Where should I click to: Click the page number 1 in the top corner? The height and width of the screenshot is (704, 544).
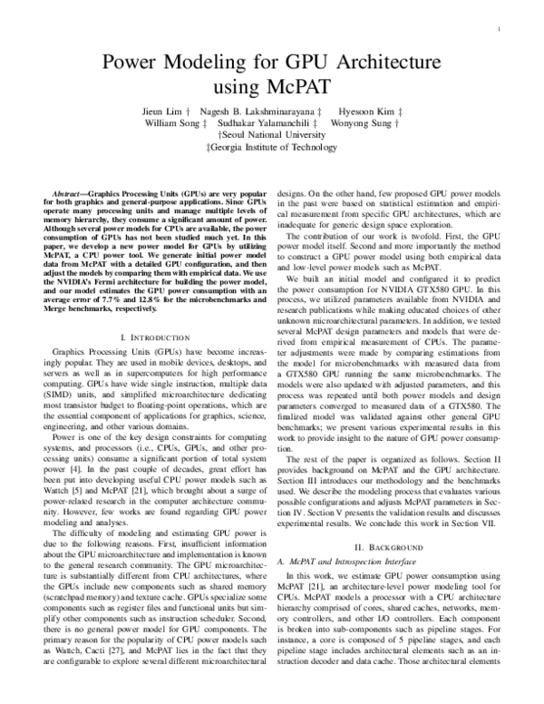[500, 30]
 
